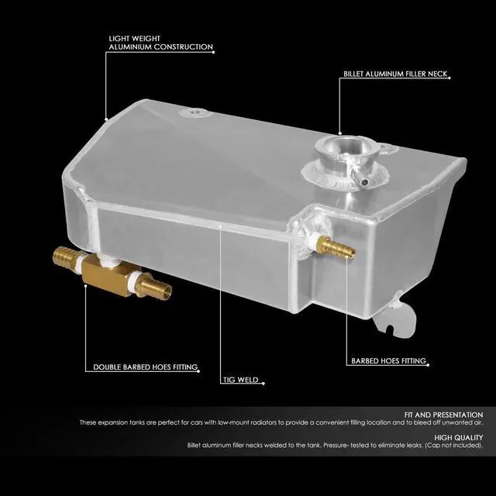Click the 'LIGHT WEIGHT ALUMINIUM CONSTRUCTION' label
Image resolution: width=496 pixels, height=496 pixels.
coord(160,42)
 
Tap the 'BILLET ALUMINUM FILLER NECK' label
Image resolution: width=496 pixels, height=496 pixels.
coord(395,75)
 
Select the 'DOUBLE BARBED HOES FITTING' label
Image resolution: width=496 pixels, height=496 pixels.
coord(145,367)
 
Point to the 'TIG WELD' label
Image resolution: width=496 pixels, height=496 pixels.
coord(242,381)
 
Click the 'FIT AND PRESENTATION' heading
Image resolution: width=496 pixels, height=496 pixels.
coord(449,415)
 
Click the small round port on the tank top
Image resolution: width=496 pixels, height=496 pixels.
coord(191,115)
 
